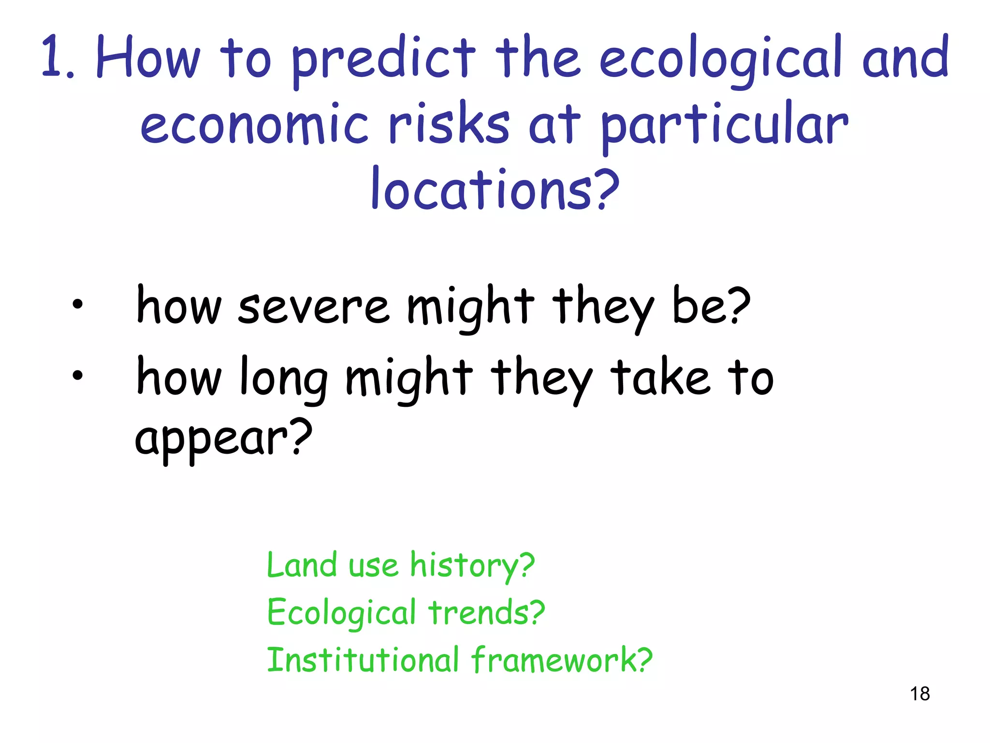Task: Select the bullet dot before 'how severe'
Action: pyautogui.click(x=77, y=305)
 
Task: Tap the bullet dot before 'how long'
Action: pyautogui.click(x=77, y=375)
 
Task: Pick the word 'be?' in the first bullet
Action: pyautogui.click(x=711, y=306)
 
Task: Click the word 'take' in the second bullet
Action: pyautogui.click(x=660, y=377)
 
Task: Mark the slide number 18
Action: pyautogui.click(x=920, y=694)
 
